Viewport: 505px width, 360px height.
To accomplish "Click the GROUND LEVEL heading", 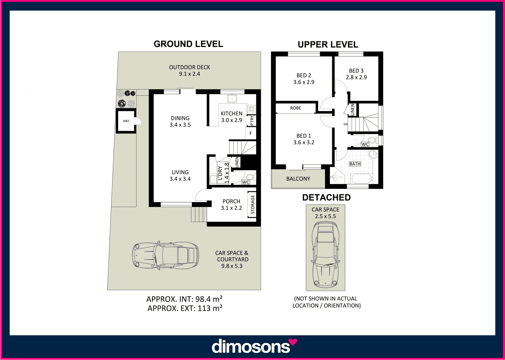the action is click(x=188, y=44).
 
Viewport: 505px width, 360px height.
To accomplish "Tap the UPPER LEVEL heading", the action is click(x=328, y=45).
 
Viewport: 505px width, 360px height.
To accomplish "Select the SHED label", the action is click(x=126, y=121).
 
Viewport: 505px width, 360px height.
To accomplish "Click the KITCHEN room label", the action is click(x=231, y=113).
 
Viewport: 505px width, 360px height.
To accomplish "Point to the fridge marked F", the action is click(x=251, y=133).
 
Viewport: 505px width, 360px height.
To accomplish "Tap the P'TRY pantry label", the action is click(x=252, y=120).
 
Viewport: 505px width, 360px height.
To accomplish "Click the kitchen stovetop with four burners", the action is click(x=251, y=109).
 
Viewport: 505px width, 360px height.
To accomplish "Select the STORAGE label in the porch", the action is click(x=253, y=205).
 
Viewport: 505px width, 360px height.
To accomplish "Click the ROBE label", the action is click(x=296, y=108).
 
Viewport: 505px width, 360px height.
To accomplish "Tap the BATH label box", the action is click(x=355, y=164).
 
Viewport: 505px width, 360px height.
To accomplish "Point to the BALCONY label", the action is click(x=298, y=179).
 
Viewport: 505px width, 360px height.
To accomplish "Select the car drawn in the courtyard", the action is click(x=166, y=256).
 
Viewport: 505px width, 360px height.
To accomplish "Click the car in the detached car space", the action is click(x=326, y=255).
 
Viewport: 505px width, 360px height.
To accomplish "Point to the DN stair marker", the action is click(x=346, y=124).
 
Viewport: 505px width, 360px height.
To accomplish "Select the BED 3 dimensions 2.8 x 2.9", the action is click(x=356, y=77).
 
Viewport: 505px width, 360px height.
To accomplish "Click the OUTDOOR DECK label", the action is click(x=189, y=67).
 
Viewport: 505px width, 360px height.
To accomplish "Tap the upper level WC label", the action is click(x=365, y=144).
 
